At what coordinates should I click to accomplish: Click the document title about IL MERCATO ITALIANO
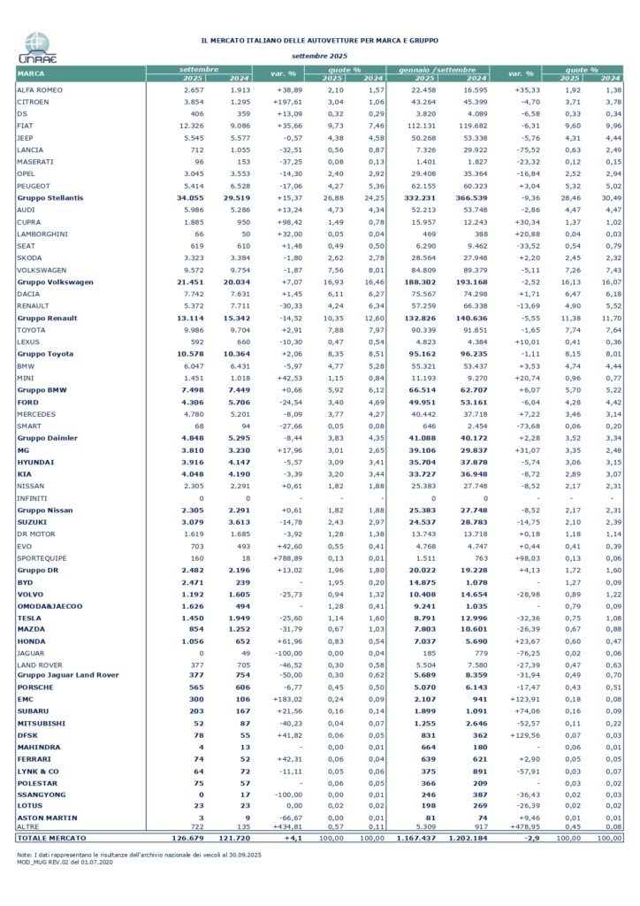tap(320, 40)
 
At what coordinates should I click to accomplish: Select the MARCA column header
tap(33, 73)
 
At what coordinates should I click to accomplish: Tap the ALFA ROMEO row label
tap(42, 90)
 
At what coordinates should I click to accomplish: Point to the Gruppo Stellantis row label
tap(50, 197)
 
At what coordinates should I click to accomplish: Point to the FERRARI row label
tap(34, 758)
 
